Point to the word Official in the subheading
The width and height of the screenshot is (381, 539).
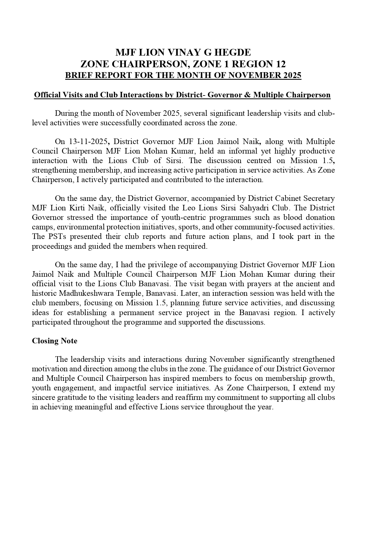[x=48, y=95]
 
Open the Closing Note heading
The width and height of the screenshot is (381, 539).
[x=55, y=341]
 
